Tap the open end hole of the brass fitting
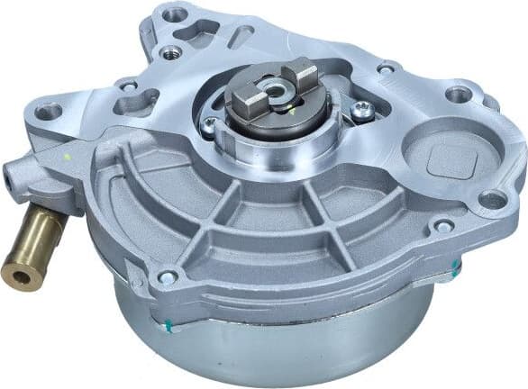[16, 274]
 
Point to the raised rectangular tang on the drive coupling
[300, 71]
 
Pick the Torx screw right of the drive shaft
[362, 110]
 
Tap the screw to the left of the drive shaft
[209, 127]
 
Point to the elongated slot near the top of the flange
[241, 36]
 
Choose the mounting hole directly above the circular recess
[459, 94]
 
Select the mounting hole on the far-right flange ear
[492, 200]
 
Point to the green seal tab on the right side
[456, 267]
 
